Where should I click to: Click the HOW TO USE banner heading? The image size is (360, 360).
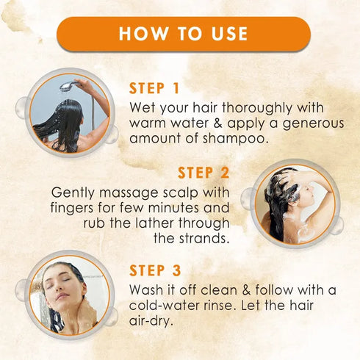[x=183, y=34]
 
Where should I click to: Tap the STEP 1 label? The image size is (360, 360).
[x=159, y=88]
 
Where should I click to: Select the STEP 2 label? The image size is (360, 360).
[x=204, y=173]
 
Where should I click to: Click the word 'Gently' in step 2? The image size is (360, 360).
[x=73, y=192]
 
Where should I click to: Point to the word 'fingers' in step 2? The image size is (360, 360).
[x=74, y=207]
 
